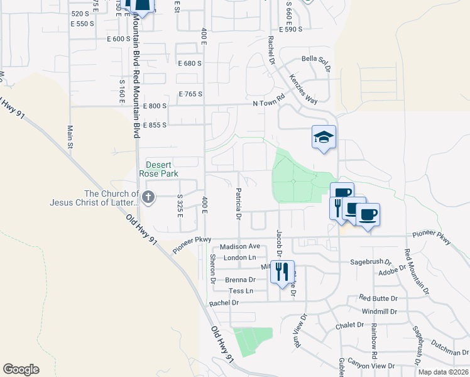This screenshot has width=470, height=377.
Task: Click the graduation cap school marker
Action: coord(324,138)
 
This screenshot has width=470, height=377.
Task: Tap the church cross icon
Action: coord(148,197)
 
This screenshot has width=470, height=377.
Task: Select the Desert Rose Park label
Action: coord(163,169)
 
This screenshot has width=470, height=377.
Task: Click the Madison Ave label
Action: coord(239,247)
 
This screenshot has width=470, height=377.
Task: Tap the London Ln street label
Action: coord(239,258)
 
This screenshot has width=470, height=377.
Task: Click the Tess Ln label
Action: coord(241,291)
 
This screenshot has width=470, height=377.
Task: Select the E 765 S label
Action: coord(190,94)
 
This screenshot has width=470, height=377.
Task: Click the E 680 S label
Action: coord(190,63)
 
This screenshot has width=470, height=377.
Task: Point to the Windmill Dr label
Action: coord(379,311)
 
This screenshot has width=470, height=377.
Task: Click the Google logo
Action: coord(21,369)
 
